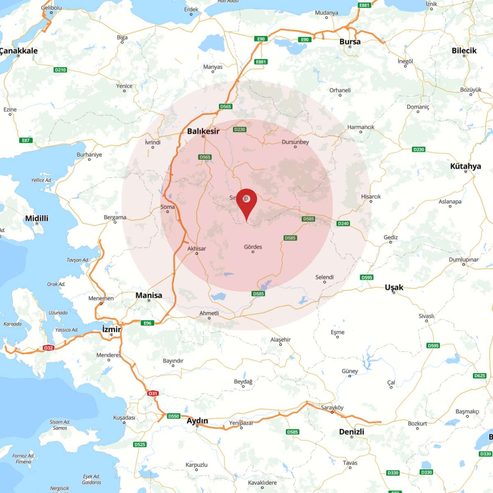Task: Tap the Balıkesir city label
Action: tap(203, 131)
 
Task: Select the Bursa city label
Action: tap(350, 41)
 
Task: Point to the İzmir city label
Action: tap(111, 329)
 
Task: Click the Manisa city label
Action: tap(149, 295)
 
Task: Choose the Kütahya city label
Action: tap(465, 166)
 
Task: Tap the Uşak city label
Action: tap(394, 287)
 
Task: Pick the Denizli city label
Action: tap(352, 432)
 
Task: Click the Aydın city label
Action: tap(197, 421)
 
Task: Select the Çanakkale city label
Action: tap(18, 51)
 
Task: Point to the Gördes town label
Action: tap(253, 247)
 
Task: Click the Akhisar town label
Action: tap(196, 249)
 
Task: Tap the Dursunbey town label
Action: tap(295, 142)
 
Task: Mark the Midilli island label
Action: tap(37, 218)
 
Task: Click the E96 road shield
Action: tap(147, 323)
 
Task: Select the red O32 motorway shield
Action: tap(48, 348)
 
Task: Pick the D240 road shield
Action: tap(343, 223)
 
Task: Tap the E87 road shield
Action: tap(26, 141)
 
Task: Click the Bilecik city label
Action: tap(464, 51)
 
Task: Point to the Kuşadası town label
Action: tap(124, 418)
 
